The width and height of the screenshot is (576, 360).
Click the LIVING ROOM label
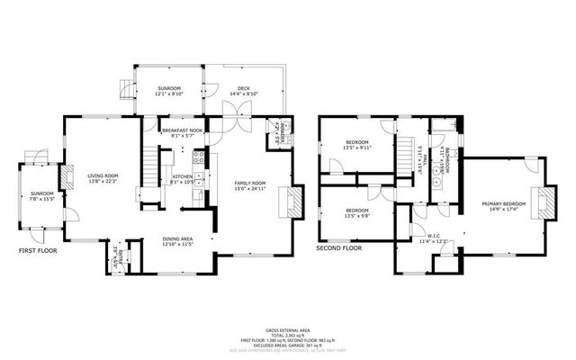point(102,175)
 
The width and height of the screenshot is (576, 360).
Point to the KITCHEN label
point(183,175)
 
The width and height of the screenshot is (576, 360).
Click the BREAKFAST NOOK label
point(182,130)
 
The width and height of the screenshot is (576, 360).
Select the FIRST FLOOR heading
point(38,251)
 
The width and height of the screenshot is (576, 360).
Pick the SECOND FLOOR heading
point(338,247)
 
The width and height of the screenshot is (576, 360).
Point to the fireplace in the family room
point(288,202)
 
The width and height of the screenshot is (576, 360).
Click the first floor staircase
point(148,166)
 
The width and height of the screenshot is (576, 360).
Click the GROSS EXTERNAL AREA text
point(287,330)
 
